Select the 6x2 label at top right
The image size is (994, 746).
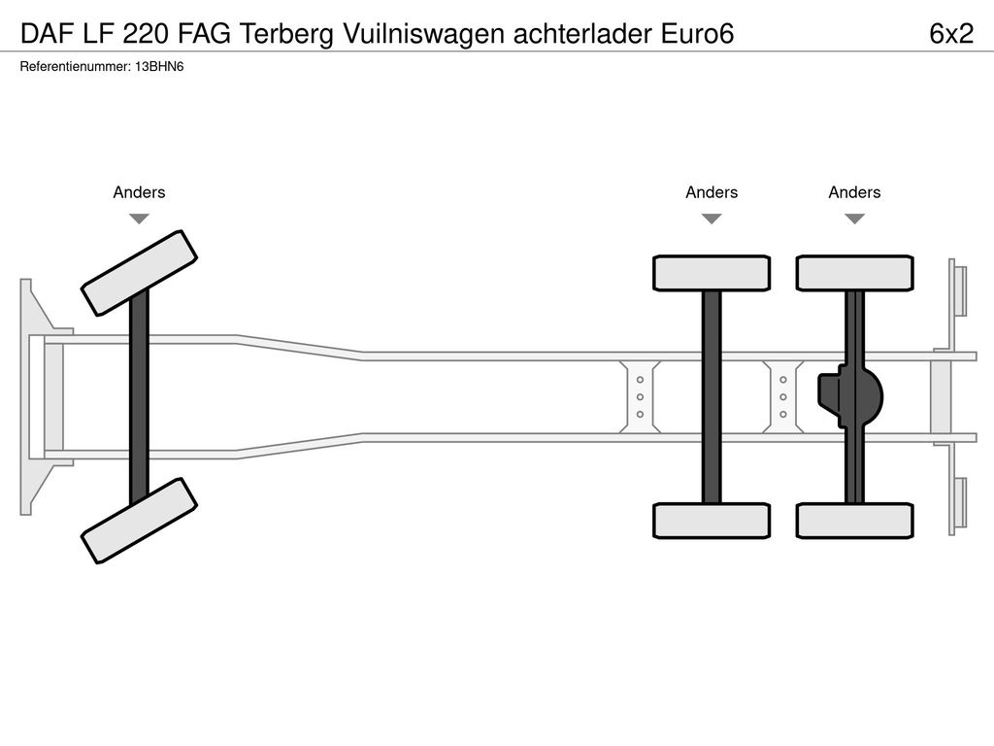[950, 34]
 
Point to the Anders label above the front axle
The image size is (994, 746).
[139, 192]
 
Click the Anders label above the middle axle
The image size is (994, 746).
[712, 192]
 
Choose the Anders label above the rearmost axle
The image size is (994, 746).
[854, 192]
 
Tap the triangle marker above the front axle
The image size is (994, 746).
[139, 219]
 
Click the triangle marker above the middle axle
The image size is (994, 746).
[712, 219]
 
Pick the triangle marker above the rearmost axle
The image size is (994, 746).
[854, 219]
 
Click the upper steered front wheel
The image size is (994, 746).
[139, 273]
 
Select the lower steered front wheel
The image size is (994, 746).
[139, 520]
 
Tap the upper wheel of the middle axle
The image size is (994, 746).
[712, 273]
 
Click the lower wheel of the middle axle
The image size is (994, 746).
[712, 520]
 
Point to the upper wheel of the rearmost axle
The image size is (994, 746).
[854, 273]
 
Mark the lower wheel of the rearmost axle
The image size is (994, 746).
[854, 520]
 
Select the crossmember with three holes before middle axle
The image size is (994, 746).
[640, 396]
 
